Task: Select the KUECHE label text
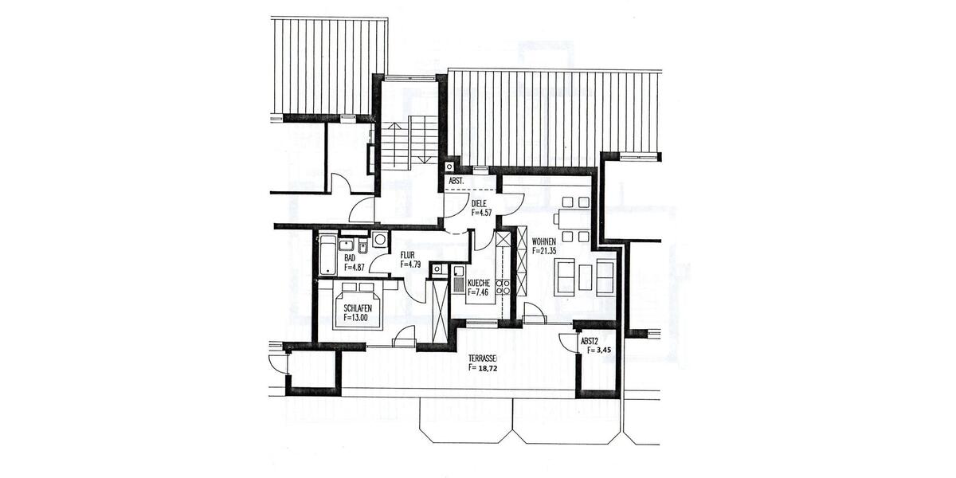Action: pos(480,283)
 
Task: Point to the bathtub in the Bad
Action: pos(327,254)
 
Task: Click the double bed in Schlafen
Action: pos(357,306)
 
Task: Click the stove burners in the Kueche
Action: pos(503,288)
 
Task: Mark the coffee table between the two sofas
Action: pos(585,276)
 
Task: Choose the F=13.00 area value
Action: pos(355,317)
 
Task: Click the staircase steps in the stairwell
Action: pos(409,143)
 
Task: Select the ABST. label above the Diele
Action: pos(456,182)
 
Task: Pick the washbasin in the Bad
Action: pos(347,244)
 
